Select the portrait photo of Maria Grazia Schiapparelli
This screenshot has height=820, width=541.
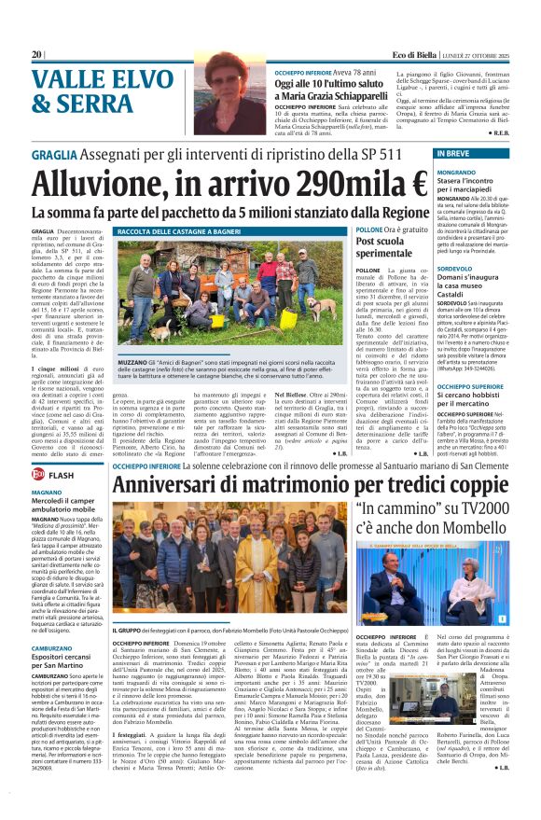230,100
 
